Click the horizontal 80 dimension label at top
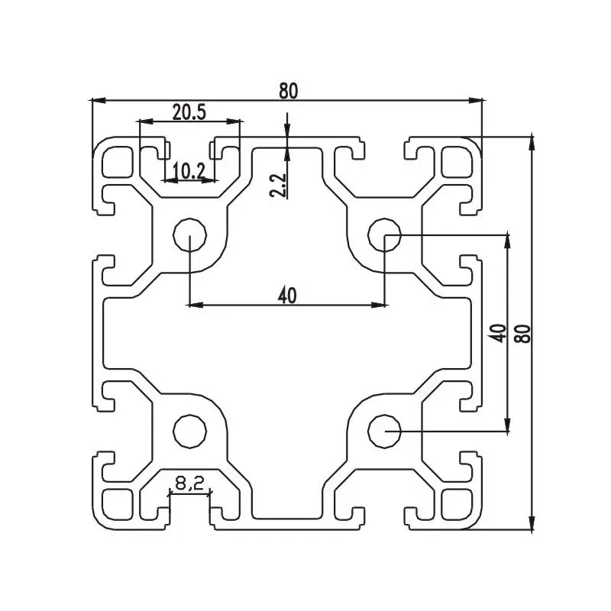pos(287,90)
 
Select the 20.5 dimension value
pos(189,112)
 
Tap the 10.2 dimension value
pos(187,171)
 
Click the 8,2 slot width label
pos(189,483)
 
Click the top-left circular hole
pos(189,235)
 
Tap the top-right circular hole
pos(384,235)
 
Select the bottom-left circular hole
pos(189,432)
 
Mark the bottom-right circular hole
pos(384,432)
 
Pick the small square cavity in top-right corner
pos(456,160)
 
